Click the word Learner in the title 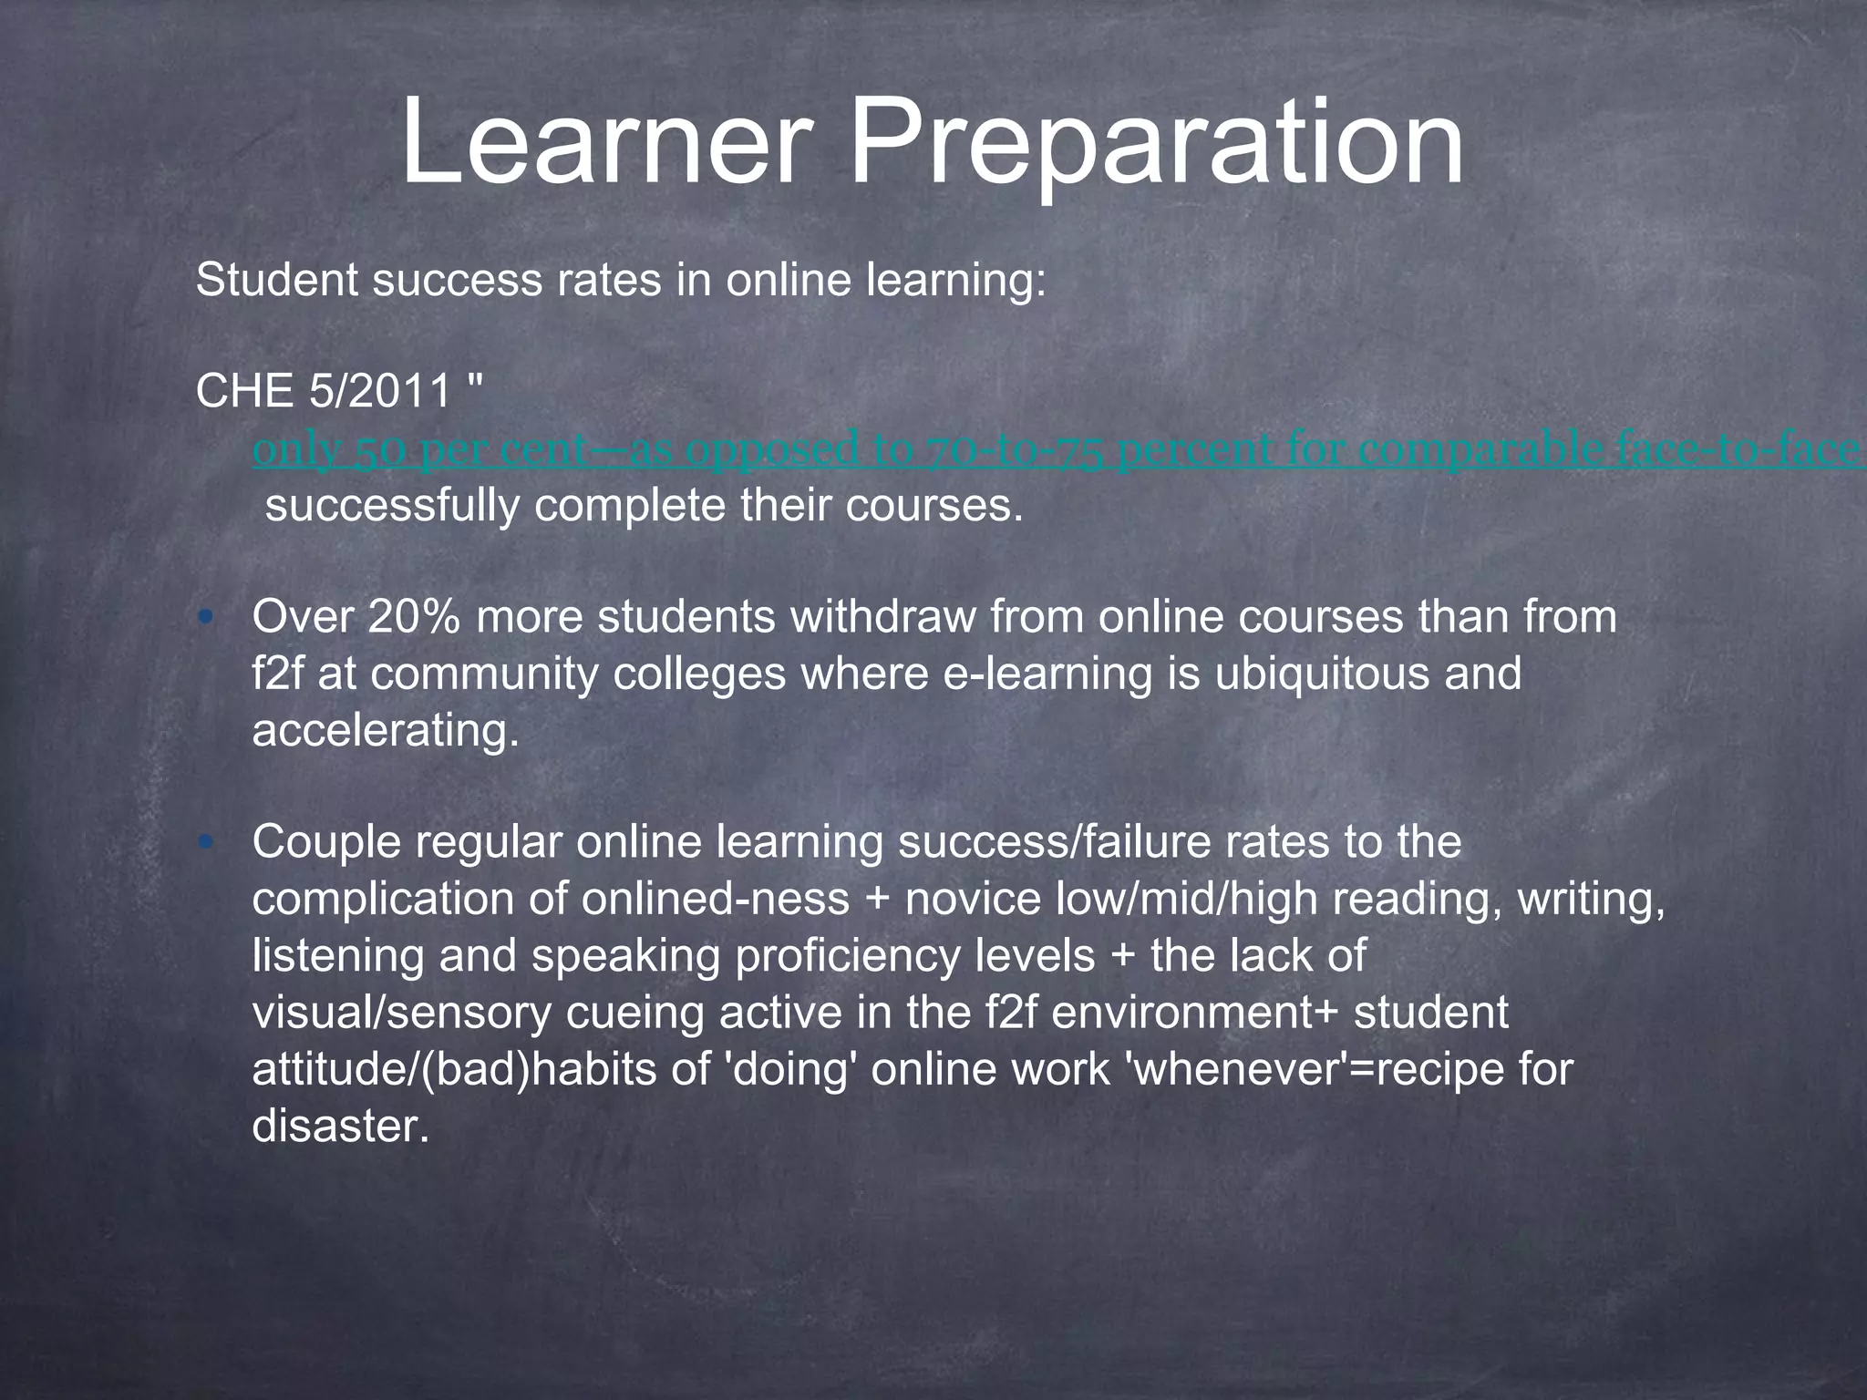point(604,143)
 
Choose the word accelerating point(386,730)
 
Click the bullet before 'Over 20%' point(206,618)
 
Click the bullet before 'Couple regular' point(206,843)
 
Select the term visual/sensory point(402,1013)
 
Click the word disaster point(340,1126)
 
